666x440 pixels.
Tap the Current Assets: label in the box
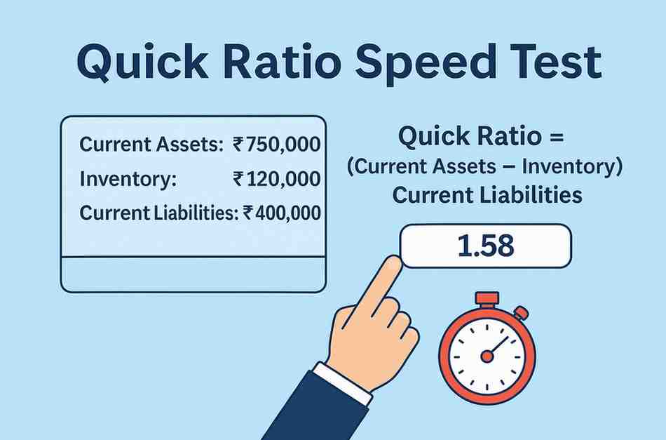pos(151,145)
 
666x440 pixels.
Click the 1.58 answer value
pos(485,246)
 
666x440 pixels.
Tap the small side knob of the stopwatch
pos(521,312)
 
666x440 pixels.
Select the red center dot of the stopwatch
pos(487,356)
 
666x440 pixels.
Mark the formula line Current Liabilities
pos(487,195)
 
